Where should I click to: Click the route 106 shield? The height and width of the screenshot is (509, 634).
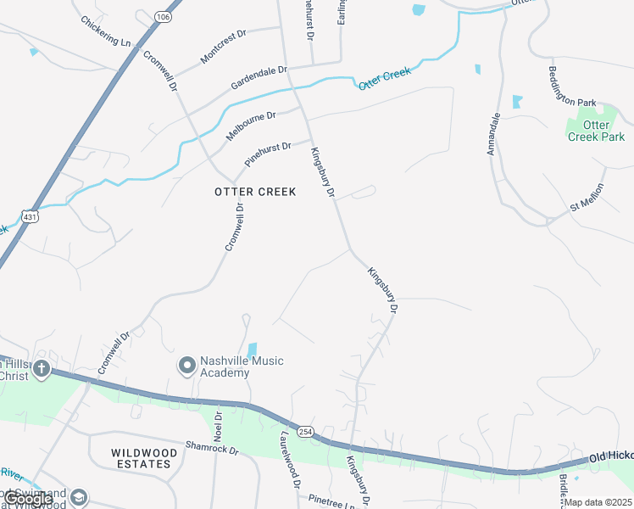tap(163, 16)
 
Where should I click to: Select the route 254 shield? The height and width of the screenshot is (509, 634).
tap(306, 433)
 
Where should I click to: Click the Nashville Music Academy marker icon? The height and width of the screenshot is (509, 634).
tap(186, 366)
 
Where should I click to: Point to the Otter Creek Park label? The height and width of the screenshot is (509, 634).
tap(597, 131)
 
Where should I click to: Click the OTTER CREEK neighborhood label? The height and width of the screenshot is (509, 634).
tap(255, 192)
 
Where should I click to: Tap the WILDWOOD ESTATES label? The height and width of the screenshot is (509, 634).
tap(145, 459)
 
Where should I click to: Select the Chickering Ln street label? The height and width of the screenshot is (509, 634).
tap(107, 31)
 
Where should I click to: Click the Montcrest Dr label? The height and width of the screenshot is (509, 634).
tap(223, 46)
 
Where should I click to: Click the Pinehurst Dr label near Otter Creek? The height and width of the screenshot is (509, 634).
tap(268, 154)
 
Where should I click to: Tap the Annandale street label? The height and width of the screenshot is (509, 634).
tap(494, 135)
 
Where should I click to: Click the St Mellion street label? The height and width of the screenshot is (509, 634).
tap(587, 197)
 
